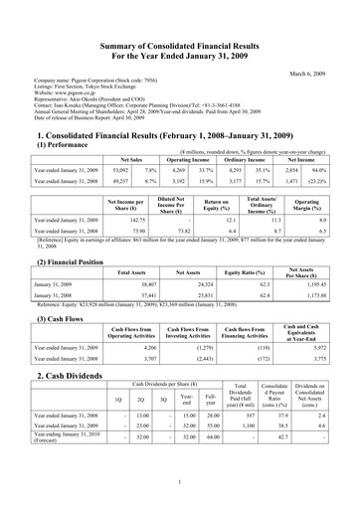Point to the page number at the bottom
pyautogui.click(x=180, y=482)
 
